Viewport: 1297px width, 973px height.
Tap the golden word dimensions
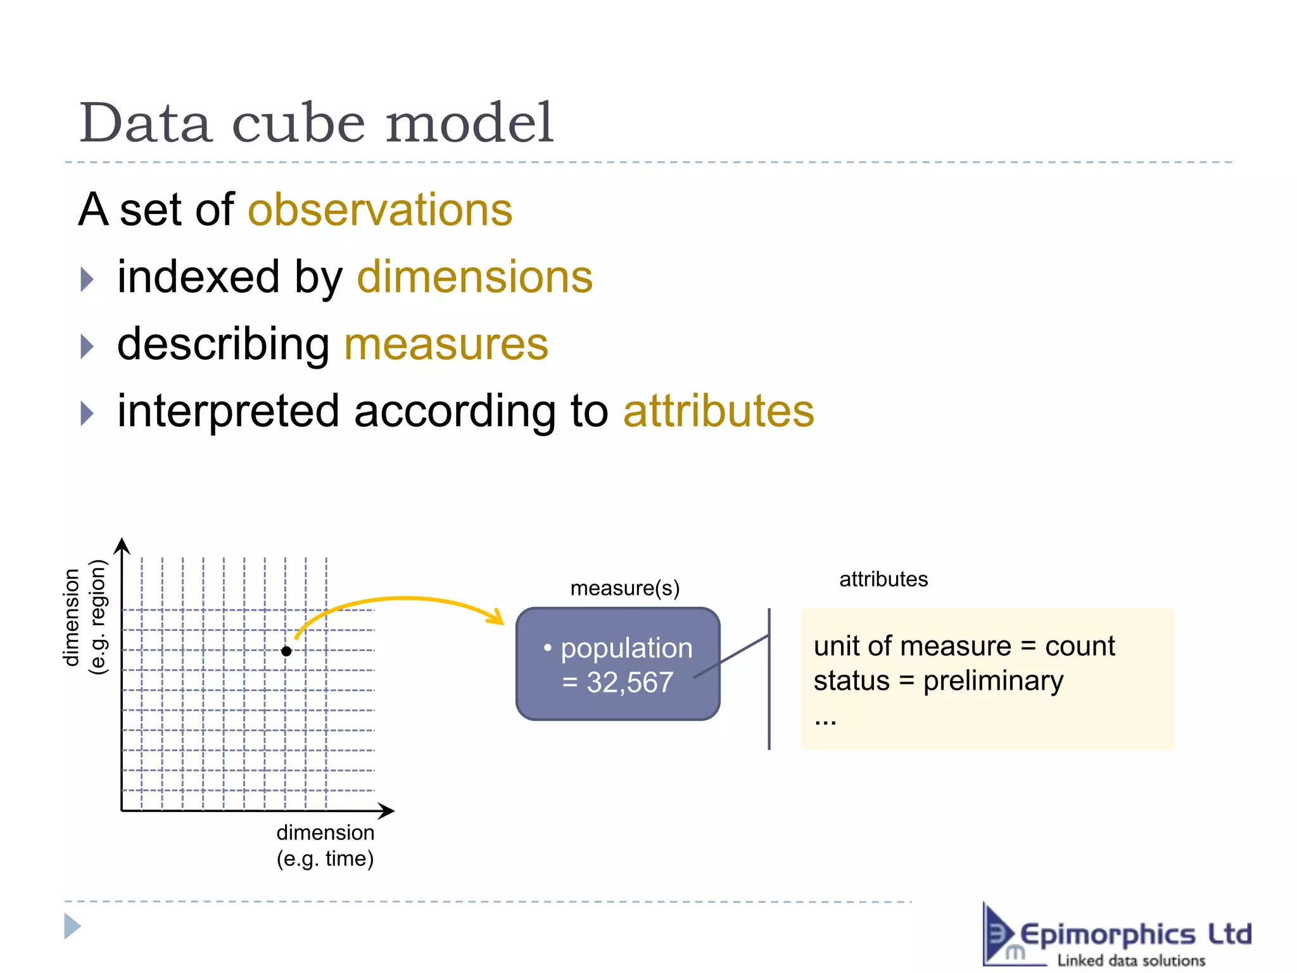coord(475,277)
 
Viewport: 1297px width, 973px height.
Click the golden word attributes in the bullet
coord(719,411)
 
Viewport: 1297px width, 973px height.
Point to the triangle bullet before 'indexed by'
coord(87,279)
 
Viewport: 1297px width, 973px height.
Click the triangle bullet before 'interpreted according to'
coord(87,414)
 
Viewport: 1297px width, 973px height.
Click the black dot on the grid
coord(286,651)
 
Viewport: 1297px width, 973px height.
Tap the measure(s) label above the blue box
coord(624,588)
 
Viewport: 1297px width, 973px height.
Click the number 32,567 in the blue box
coord(630,683)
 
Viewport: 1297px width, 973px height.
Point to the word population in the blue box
coord(626,648)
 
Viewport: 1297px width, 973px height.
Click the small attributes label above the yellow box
coord(883,579)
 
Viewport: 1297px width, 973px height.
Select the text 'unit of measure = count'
coord(964,646)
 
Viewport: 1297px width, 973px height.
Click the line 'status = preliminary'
coord(938,681)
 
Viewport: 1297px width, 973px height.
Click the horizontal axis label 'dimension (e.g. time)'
coord(325,846)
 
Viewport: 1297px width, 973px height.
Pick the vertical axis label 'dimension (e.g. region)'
coord(85,618)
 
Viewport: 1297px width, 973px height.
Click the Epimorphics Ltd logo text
coord(1135,935)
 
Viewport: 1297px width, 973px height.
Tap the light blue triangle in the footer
coord(72,926)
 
